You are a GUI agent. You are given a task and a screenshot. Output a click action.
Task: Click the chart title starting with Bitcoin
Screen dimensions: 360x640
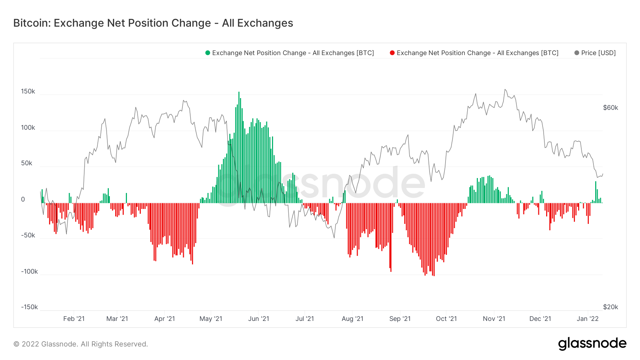pos(153,23)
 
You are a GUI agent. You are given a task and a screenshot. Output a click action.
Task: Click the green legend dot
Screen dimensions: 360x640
pos(208,53)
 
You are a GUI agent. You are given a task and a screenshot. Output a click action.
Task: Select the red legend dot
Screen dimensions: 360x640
pos(392,53)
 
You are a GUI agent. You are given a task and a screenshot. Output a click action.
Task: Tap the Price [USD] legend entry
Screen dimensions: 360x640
pos(598,53)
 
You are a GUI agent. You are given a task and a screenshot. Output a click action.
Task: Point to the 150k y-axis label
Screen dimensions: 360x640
pos(28,91)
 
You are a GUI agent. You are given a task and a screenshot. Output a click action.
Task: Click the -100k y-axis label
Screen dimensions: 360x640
pos(29,272)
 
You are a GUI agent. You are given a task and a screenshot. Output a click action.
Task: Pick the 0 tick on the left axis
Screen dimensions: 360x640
pos(23,199)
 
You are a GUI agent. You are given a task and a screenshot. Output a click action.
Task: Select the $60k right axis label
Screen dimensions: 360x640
pos(610,108)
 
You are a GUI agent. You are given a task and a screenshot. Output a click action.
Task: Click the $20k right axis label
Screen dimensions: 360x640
pos(610,307)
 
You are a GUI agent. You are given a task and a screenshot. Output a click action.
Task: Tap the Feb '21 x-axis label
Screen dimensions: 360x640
pos(74,319)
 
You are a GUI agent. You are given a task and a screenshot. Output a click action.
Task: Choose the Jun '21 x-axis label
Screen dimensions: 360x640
pos(258,319)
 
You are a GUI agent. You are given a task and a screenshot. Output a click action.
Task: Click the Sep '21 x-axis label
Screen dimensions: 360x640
pos(400,319)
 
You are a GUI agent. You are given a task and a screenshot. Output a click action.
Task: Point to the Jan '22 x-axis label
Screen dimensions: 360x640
pos(587,319)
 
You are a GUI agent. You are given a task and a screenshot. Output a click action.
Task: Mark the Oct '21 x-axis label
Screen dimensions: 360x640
pos(446,319)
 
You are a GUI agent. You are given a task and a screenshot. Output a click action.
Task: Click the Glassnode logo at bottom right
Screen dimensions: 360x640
pos(592,344)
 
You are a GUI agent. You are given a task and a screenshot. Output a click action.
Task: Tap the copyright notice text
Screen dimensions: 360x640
pos(81,344)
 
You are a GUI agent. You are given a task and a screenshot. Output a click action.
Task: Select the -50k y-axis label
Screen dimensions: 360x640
pos(28,235)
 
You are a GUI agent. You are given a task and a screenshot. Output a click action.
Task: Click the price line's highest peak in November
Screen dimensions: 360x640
pos(505,90)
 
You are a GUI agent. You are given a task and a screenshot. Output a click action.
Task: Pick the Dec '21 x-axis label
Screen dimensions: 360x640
pos(540,319)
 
